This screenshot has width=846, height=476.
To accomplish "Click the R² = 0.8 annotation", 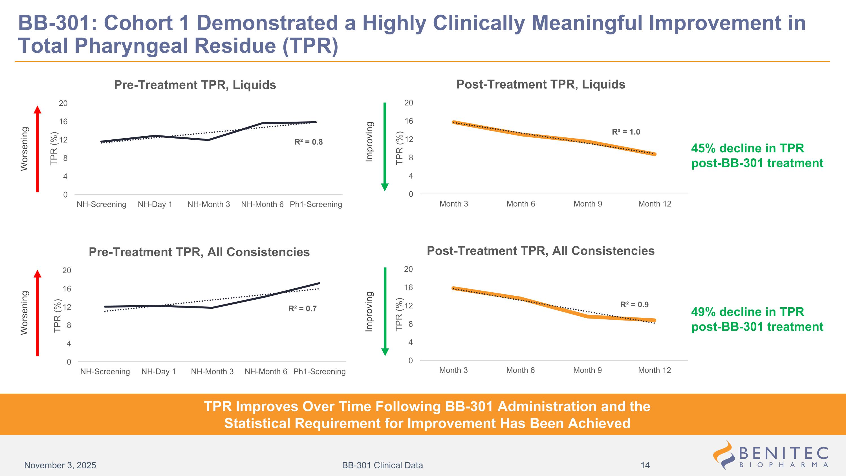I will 309,142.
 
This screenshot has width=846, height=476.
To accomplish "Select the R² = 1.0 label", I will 626,132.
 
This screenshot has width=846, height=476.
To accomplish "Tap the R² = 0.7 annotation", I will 302,308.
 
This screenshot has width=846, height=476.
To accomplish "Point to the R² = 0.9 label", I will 634,304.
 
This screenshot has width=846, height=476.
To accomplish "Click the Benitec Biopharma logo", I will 770,455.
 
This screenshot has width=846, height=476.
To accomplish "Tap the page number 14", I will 645,465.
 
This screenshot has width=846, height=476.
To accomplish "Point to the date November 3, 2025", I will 60,465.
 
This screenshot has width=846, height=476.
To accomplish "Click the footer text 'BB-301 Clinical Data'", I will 382,465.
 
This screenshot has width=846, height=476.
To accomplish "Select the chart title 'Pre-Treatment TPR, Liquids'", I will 195,85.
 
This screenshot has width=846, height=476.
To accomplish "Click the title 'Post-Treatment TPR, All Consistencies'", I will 540,251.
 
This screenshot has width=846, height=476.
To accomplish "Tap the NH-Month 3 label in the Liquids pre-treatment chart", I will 209,204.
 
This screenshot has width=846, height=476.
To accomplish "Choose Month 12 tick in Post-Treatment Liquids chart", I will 655,204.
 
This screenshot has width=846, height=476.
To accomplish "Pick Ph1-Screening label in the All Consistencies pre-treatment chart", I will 319,372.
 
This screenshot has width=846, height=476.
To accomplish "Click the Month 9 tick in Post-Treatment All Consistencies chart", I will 587,370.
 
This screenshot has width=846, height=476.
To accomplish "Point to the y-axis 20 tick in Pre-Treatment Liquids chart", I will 63,103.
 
